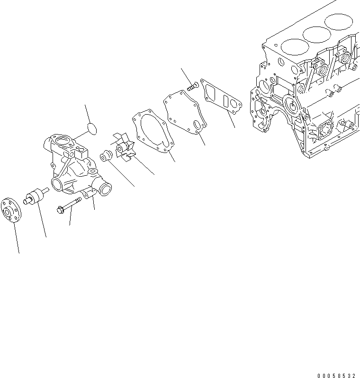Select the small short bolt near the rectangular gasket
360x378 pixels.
click(x=192, y=86)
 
